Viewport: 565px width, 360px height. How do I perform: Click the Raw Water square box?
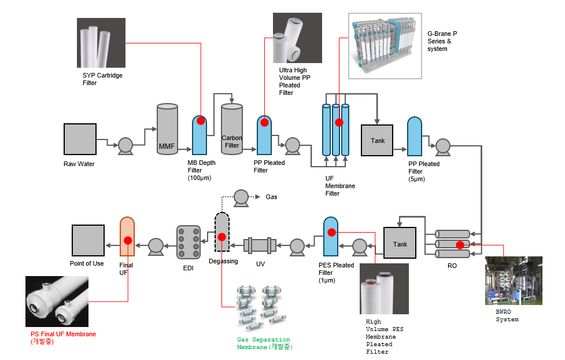[80, 139]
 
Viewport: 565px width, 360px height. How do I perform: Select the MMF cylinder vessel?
[167, 129]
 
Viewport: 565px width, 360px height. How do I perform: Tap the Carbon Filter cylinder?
[232, 129]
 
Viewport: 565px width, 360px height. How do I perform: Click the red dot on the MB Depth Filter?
[201, 121]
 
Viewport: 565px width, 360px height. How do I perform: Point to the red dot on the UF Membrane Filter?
[339, 123]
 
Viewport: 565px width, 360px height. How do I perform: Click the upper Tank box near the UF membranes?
[377, 140]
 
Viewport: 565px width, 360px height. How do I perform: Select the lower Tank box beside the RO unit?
[400, 243]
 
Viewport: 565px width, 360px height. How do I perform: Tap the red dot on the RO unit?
[460, 245]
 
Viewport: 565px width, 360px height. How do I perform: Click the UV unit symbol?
[260, 245]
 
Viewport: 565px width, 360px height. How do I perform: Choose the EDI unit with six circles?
[189, 243]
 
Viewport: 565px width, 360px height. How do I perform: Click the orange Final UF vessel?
[127, 237]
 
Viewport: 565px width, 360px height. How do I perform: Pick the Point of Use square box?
[88, 241]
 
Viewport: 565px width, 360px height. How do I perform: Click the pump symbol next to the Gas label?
[241, 199]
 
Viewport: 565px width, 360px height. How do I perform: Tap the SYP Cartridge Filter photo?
[101, 43]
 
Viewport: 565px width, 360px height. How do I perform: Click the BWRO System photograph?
[514, 281]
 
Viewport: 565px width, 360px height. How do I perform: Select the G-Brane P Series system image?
[385, 46]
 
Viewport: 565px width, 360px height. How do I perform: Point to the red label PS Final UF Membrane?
[63, 334]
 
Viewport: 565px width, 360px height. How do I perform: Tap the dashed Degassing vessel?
[222, 232]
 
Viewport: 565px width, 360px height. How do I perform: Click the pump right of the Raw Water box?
[125, 146]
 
